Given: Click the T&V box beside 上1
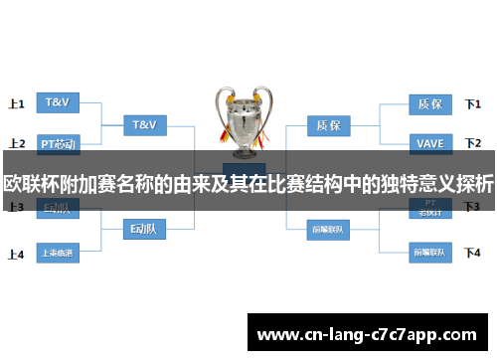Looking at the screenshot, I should [x=56, y=101].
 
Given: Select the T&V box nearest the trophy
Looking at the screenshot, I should [x=145, y=125].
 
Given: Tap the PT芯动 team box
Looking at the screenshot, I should [x=57, y=143].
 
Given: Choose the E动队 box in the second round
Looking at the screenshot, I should [x=145, y=229].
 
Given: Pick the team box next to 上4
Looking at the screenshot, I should [x=57, y=253].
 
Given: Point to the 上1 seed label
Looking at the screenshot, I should [x=16, y=103].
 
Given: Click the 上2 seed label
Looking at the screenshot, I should [x=16, y=144].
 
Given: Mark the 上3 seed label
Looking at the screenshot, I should [x=16, y=208].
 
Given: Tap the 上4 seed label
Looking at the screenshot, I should [x=16, y=254].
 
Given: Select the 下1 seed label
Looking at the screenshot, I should [x=473, y=103].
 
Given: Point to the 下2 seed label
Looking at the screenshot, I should [x=473, y=144].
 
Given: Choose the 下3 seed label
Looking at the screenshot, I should [x=473, y=207].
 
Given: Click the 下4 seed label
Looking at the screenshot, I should [x=473, y=253].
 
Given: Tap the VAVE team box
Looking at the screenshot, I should [x=430, y=143].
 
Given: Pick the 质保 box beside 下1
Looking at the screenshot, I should [x=430, y=101].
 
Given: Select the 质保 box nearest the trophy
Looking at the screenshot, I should [x=328, y=125].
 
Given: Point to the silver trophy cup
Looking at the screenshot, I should [x=243, y=119].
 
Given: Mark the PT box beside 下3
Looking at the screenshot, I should [x=430, y=208].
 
